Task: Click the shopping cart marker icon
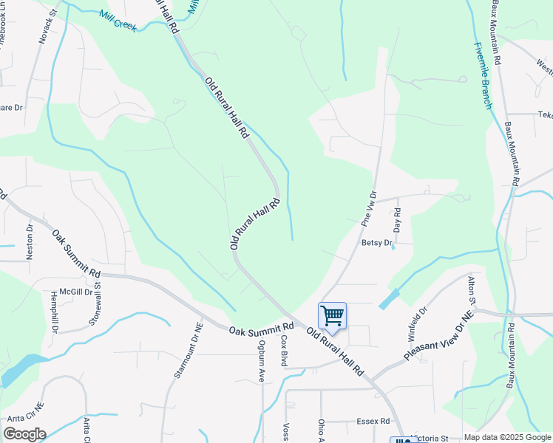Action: tap(333, 315)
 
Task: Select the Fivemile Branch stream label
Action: tap(483, 75)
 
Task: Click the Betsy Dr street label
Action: tap(376, 242)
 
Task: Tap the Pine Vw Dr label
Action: tap(368, 210)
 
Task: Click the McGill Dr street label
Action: tap(76, 292)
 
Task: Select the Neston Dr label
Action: tap(30, 242)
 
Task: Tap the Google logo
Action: tap(24, 434)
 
